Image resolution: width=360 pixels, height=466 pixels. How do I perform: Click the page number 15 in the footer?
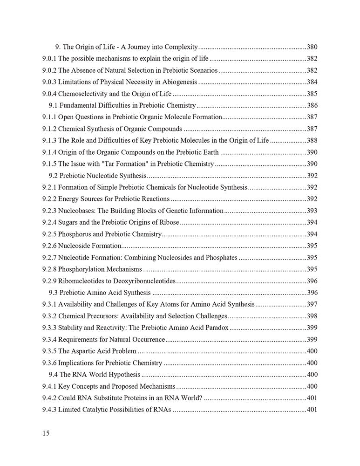[45, 433]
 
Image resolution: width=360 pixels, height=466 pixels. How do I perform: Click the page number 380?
[312, 47]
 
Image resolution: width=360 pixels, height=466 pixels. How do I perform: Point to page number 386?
[312, 105]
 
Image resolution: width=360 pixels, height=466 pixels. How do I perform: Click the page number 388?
[312, 140]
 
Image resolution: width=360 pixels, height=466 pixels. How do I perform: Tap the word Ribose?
[168, 222]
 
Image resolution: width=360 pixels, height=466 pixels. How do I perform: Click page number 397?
[312, 304]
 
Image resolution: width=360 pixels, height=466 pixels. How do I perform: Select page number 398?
[312, 316]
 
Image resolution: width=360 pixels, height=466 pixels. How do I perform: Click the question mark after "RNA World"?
[201, 398]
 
